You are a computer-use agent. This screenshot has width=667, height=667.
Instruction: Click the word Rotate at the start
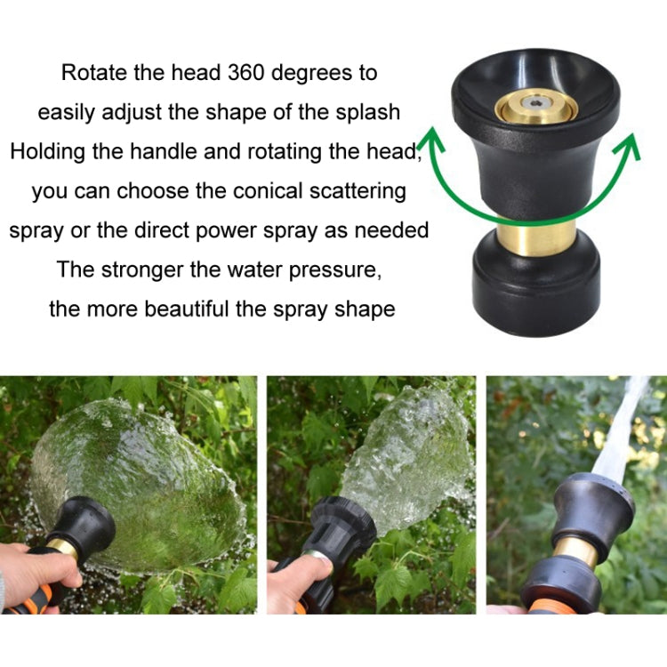(93, 73)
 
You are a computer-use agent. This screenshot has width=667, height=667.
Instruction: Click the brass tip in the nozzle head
(535, 106)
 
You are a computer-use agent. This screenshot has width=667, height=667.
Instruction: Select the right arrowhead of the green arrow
(630, 143)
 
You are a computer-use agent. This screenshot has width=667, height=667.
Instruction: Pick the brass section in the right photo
(578, 552)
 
